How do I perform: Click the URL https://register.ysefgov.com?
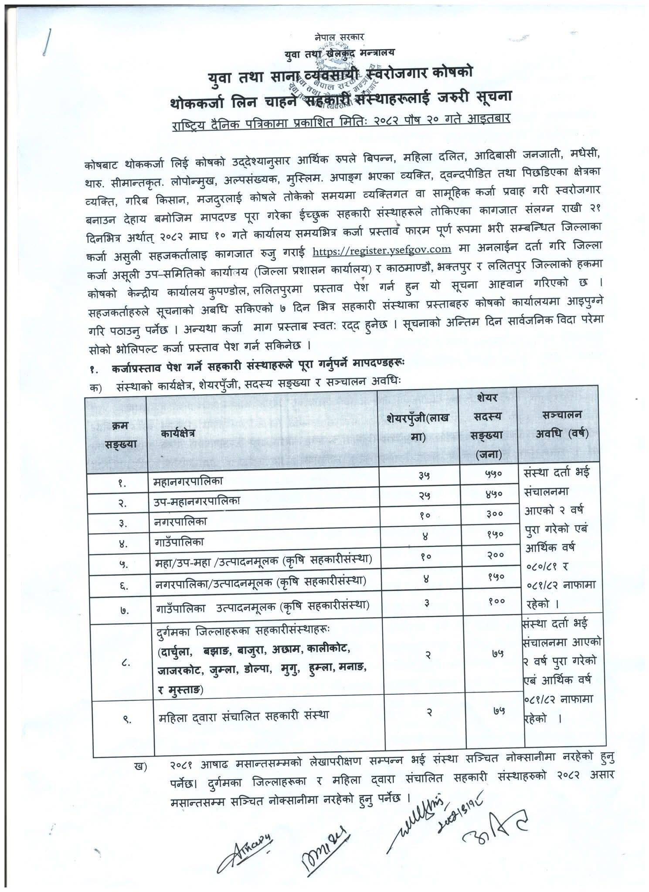coord(382,250)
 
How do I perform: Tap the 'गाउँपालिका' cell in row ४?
coord(179,543)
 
